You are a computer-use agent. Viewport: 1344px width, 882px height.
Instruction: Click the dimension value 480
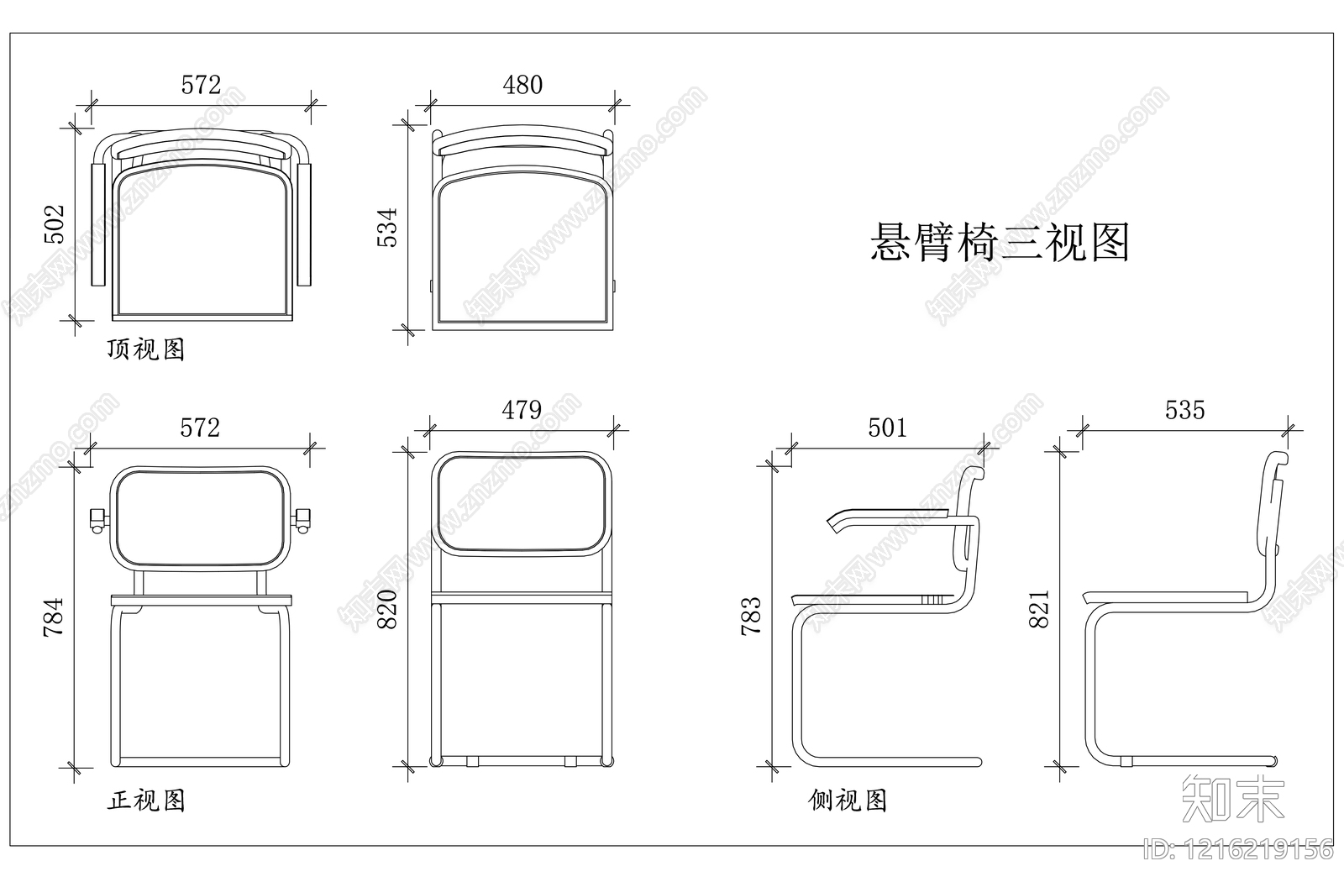coord(522,85)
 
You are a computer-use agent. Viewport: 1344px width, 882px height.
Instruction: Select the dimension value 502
coord(55,223)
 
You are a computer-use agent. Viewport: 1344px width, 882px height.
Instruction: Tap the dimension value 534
coord(387,227)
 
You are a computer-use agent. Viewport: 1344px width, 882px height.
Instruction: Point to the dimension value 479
coord(522,410)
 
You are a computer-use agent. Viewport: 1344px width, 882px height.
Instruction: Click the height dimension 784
coord(53,617)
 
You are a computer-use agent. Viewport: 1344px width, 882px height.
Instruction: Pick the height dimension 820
coord(386,610)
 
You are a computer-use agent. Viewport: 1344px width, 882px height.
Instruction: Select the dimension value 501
coord(887,428)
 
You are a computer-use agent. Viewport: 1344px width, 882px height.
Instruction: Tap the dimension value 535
coord(1184,410)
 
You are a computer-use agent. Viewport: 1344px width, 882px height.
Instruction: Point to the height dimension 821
coord(1039,611)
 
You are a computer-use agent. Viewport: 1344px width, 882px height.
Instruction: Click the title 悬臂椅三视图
coord(1000,243)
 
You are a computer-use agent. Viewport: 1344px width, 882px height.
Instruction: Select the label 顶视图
coord(145,349)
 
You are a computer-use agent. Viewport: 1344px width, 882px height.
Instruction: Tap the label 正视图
coord(145,801)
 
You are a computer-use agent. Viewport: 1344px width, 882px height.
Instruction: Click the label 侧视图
coord(848,801)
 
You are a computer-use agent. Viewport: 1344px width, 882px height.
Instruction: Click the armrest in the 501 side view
coord(890,516)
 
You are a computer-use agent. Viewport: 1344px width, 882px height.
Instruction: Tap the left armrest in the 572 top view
coord(97,224)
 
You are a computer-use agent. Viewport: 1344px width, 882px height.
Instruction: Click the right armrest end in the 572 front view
coord(302,520)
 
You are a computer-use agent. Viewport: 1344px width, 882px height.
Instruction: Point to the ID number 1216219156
coord(1238,848)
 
